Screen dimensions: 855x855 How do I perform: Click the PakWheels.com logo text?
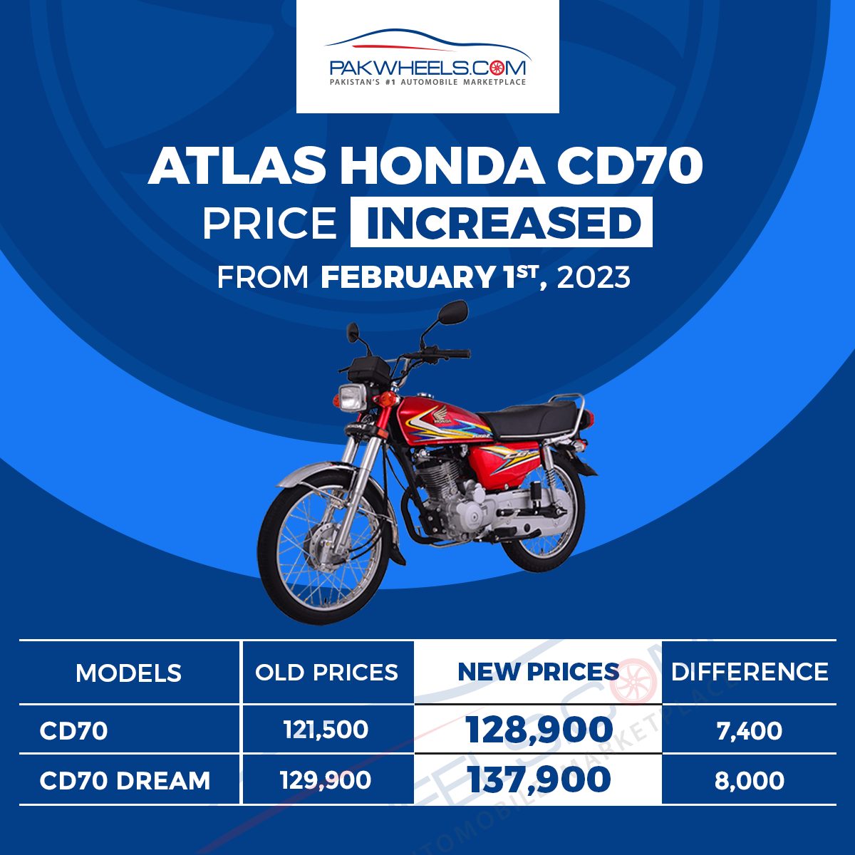tap(427, 68)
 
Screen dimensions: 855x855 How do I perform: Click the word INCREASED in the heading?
tap(502, 222)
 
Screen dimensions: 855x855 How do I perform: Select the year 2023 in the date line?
tap(594, 278)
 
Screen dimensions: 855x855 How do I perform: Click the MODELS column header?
tap(129, 673)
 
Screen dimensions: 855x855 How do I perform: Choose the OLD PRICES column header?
tap(326, 673)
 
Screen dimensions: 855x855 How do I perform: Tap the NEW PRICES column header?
tap(538, 672)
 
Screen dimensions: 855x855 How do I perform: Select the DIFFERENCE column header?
tap(750, 672)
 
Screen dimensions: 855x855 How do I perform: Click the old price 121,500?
tap(326, 730)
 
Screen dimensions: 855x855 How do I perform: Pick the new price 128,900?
tap(539, 730)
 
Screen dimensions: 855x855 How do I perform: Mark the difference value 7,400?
tap(750, 731)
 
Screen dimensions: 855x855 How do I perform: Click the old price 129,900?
tap(326, 780)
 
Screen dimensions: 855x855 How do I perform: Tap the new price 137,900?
tap(539, 779)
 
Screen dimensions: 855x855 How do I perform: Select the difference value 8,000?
tap(750, 781)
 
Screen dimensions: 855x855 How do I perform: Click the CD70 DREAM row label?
tap(125, 780)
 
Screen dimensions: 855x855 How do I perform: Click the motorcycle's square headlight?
tap(352, 398)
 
